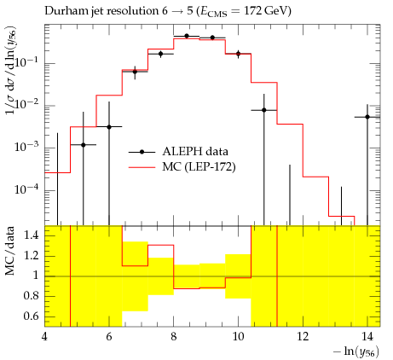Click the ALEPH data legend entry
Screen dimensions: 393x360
pyautogui.click(x=178, y=152)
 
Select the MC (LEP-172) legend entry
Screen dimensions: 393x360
pyautogui.click(x=182, y=167)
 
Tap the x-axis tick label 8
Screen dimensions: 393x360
pyautogui.click(x=174, y=336)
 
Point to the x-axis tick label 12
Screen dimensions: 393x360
pyautogui.click(x=303, y=336)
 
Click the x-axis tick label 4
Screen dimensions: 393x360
pyautogui.click(x=44, y=336)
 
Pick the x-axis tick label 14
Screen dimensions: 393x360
pyautogui.click(x=367, y=336)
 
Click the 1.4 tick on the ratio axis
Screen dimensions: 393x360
pyautogui.click(x=31, y=235)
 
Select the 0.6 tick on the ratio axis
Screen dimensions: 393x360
pyautogui.click(x=31, y=316)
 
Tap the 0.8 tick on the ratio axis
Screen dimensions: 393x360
pyautogui.click(x=31, y=296)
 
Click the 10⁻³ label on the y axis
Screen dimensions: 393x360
pyautogui.click(x=26, y=147)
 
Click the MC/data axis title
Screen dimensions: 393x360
pyautogui.click(x=10, y=251)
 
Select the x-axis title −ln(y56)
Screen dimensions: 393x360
pyautogui.click(x=356, y=351)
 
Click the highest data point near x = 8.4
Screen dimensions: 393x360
pyautogui.click(x=187, y=36)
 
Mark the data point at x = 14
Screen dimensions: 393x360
pyautogui.click(x=367, y=117)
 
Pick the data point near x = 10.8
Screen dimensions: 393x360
pyautogui.click(x=264, y=110)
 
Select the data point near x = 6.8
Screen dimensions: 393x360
pyautogui.click(x=135, y=72)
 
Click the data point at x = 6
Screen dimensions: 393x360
pyautogui.click(x=109, y=127)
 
